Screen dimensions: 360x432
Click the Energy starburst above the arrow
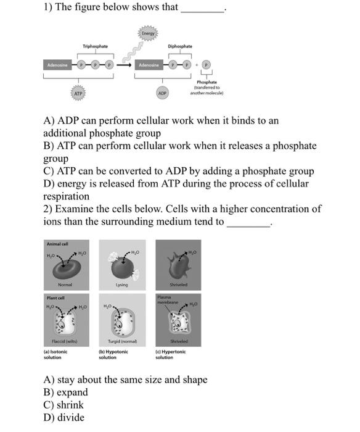pos(148,33)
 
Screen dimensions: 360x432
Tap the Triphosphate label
pos(95,46)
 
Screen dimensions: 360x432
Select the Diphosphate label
pos(180,46)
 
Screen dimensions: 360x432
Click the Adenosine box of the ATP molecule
pos(57,65)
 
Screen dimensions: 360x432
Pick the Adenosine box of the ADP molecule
pos(149,65)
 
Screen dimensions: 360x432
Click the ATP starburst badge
pos(78,93)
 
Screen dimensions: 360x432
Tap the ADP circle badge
pos(162,93)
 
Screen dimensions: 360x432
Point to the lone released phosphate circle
pos(207,65)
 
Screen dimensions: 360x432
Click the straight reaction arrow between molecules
pos(124,65)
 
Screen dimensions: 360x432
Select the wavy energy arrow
pos(133,52)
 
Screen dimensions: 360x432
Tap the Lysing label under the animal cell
pos(121,285)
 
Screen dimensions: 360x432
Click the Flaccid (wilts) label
pos(65,341)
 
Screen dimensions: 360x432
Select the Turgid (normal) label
pos(123,341)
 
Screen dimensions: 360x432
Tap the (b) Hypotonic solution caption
pos(113,354)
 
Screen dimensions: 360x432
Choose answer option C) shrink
pos(63,405)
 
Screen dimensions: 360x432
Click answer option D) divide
pos(64,417)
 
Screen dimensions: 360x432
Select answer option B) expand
pos(65,393)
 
